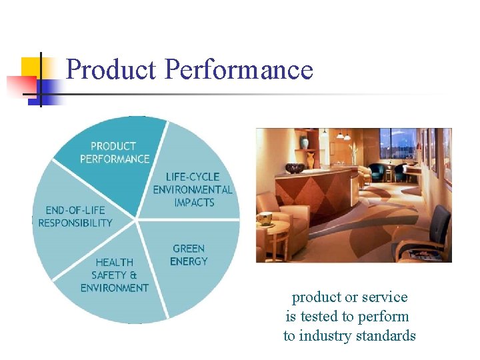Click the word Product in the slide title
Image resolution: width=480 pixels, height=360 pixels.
pyautogui.click(x=111, y=69)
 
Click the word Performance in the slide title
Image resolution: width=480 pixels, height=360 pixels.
pyautogui.click(x=238, y=69)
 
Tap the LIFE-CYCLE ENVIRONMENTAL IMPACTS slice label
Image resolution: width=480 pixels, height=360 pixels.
pyautogui.click(x=193, y=189)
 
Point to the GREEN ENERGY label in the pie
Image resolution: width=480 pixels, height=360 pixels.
pyautogui.click(x=189, y=255)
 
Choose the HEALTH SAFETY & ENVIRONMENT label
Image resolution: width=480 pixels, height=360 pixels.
pyautogui.click(x=114, y=275)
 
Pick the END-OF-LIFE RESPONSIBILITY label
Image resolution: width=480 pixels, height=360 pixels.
pyautogui.click(x=75, y=217)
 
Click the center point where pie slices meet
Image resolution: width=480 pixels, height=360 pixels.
pyautogui.click(x=137, y=219)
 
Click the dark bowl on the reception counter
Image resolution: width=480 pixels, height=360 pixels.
pyautogui.click(x=294, y=168)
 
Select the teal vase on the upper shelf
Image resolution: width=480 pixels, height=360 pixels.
pyautogui.click(x=304, y=141)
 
